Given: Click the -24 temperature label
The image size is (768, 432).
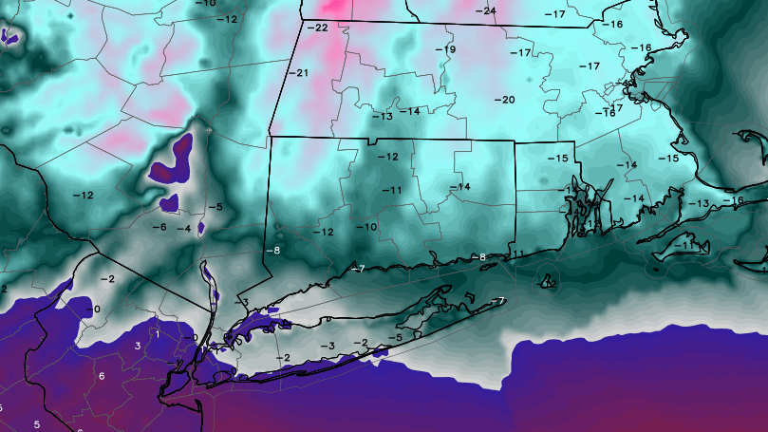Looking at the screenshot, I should (487, 10).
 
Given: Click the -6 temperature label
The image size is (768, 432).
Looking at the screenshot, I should (159, 227).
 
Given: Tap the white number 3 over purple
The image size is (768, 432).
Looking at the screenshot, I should (138, 346).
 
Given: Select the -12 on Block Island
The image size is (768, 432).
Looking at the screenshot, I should (548, 281).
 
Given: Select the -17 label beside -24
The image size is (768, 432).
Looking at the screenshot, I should (554, 14).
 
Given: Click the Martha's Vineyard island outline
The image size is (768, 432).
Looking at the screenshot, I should (675, 249).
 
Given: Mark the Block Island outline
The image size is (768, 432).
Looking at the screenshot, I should (548, 281).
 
